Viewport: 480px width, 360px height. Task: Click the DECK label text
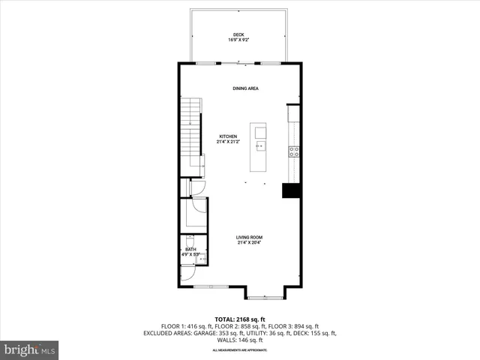pyautogui.click(x=238, y=34)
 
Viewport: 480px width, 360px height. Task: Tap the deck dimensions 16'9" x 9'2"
pyautogui.click(x=238, y=40)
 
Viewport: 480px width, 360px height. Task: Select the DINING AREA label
pyautogui.click(x=245, y=88)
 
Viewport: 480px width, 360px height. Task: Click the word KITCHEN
pyautogui.click(x=228, y=136)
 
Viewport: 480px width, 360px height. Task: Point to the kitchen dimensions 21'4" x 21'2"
pyautogui.click(x=228, y=141)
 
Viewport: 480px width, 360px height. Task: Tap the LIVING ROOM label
pyautogui.click(x=249, y=237)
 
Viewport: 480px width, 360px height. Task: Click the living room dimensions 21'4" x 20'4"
pyautogui.click(x=249, y=242)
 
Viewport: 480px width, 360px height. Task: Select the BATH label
pyautogui.click(x=190, y=249)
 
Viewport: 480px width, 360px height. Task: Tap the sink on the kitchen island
pyautogui.click(x=260, y=145)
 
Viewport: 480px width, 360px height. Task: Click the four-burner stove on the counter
pyautogui.click(x=295, y=150)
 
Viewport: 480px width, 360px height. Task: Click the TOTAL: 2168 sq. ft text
pyautogui.click(x=239, y=319)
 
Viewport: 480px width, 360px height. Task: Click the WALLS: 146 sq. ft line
pyautogui.click(x=239, y=340)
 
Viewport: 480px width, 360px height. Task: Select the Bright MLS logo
pyautogui.click(x=29, y=349)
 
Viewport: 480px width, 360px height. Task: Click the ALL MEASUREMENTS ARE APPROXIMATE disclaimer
pyautogui.click(x=239, y=350)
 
